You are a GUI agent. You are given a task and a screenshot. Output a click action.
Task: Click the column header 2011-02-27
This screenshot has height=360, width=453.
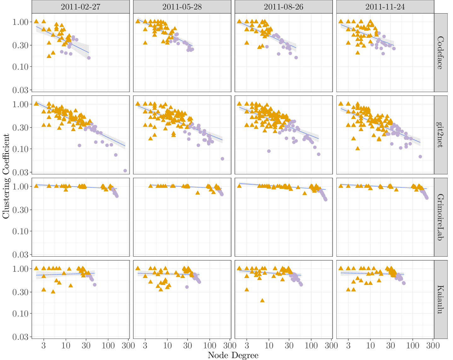click(80, 7)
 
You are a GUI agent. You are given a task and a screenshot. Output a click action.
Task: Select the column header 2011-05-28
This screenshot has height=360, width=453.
click(182, 7)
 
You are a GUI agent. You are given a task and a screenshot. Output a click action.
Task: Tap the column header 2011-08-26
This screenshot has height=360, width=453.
click(283, 7)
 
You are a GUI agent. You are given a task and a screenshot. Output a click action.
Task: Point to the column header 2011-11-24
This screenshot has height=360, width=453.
click(385, 7)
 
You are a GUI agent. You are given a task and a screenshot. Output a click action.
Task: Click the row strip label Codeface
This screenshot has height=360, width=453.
click(440, 53)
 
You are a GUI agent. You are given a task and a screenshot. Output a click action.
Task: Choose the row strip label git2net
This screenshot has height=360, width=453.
click(440, 135)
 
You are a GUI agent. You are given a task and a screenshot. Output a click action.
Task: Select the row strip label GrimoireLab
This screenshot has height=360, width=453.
click(440, 217)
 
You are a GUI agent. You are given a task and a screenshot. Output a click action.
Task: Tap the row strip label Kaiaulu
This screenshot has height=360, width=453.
click(440, 299)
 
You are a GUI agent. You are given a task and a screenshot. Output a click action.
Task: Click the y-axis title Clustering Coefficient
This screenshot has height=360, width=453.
click(6, 176)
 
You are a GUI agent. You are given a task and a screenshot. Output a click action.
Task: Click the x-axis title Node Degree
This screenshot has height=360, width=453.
click(233, 356)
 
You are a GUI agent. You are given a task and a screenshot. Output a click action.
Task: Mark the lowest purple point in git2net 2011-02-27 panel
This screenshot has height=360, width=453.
click(125, 171)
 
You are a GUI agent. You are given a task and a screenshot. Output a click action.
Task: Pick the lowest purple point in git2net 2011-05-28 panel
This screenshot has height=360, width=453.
click(222, 159)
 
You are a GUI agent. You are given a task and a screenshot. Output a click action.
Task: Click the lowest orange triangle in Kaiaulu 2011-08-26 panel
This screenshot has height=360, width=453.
click(262, 300)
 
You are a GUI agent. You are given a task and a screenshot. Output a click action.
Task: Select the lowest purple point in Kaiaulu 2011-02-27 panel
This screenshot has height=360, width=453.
click(95, 285)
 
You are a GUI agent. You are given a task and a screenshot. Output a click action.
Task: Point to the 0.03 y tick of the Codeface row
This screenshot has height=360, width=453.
click(21, 90)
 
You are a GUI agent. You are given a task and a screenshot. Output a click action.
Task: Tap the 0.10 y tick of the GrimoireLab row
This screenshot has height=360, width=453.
click(21, 231)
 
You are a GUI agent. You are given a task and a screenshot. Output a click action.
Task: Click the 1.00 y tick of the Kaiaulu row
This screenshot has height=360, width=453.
click(21, 269)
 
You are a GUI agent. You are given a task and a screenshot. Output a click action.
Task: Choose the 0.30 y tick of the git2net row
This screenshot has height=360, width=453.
click(21, 128)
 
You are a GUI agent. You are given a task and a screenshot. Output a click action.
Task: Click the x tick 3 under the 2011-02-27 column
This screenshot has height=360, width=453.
click(44, 345)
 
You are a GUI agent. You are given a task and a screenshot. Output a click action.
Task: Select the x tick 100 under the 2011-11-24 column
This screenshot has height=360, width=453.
click(413, 345)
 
